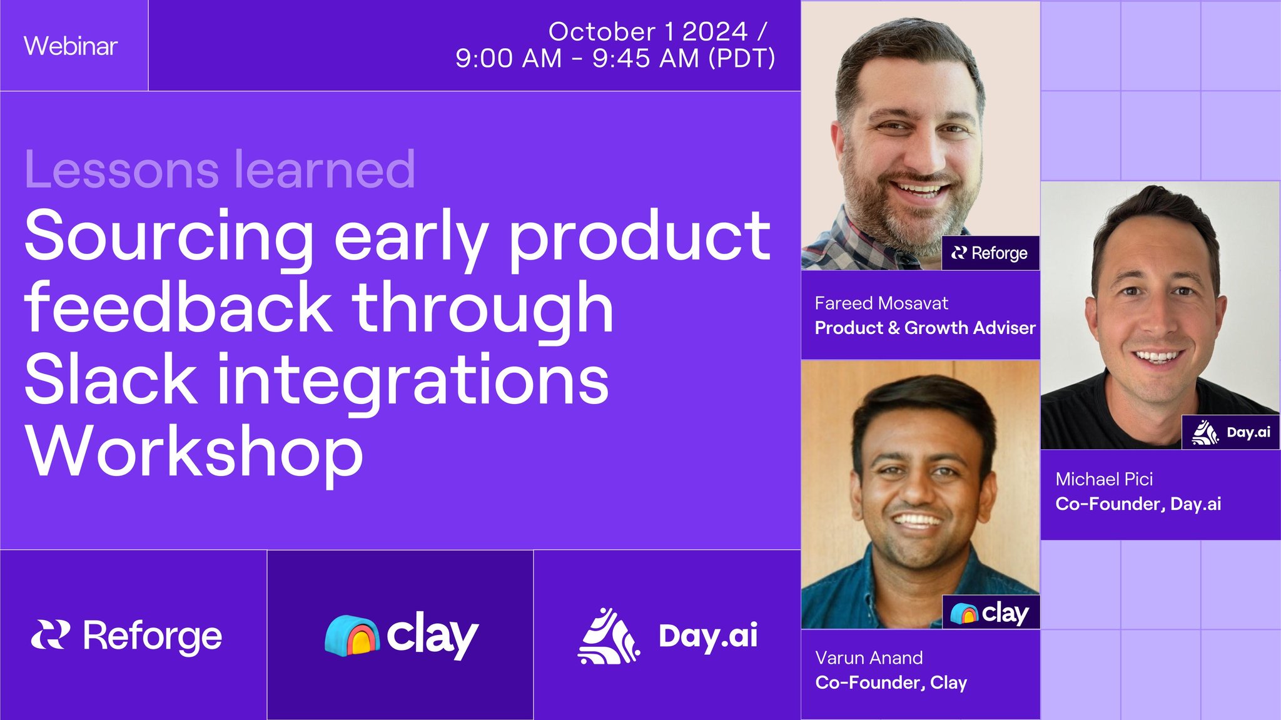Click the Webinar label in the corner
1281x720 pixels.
tap(71, 46)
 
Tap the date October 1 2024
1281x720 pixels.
tap(648, 32)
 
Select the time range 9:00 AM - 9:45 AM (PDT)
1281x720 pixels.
tap(615, 59)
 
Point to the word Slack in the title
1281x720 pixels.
tap(111, 379)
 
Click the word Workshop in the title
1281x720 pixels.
tap(194, 452)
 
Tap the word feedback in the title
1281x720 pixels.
tap(178, 307)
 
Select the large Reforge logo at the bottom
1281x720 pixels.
tap(127, 636)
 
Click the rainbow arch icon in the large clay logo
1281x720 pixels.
tap(352, 636)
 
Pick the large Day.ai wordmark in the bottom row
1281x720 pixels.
tap(707, 636)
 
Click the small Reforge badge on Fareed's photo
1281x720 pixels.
tap(990, 253)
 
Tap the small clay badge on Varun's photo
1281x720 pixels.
tap(990, 612)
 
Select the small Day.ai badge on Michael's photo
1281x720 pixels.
tap(1230, 432)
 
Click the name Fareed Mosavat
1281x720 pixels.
tap(881, 303)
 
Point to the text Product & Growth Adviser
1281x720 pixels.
tap(924, 328)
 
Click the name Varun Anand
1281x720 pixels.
tap(869, 657)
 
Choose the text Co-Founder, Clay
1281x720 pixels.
tap(891, 682)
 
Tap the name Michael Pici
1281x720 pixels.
tap(1104, 479)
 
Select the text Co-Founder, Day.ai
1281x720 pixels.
tap(1138, 504)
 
